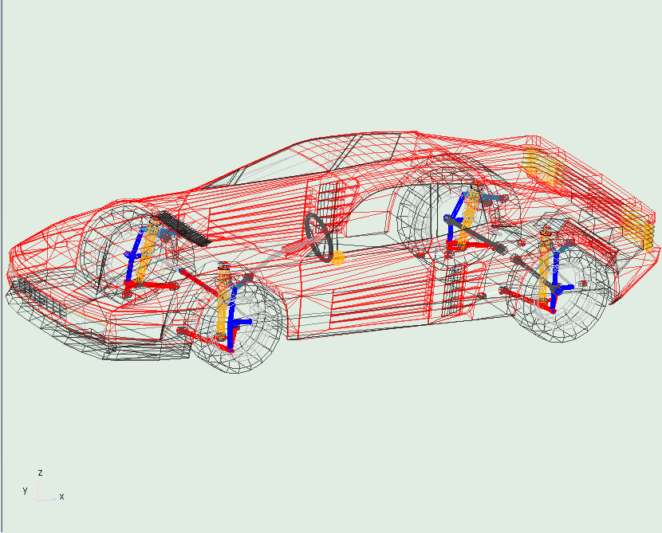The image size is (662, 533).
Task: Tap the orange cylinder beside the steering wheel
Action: point(337,258)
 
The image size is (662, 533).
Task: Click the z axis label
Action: point(40,472)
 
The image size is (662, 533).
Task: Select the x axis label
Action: point(61,496)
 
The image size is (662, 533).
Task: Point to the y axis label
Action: point(25,490)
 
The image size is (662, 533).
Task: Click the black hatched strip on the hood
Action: point(182,229)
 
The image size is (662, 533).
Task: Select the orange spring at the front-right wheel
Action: point(223,301)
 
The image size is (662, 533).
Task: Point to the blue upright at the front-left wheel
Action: point(132,257)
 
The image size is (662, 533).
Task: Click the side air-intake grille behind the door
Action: point(454,291)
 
